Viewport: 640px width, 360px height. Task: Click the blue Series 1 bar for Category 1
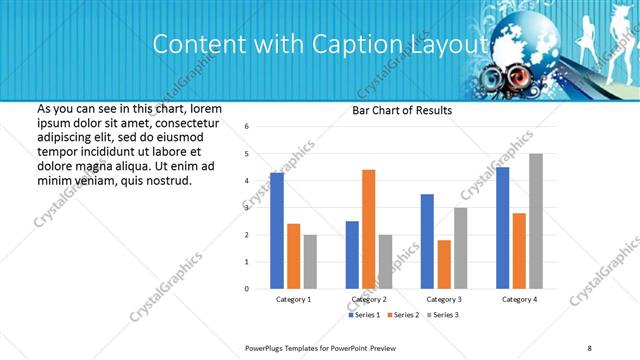[x=277, y=231]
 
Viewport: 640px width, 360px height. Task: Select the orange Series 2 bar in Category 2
[x=368, y=229]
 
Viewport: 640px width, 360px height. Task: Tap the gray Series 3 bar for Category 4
[x=535, y=221]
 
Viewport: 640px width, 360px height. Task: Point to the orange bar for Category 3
[x=443, y=264]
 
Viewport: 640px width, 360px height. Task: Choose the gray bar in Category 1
[x=310, y=262]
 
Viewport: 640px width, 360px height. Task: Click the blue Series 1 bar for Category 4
[x=502, y=228]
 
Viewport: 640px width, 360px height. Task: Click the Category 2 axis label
[x=368, y=299]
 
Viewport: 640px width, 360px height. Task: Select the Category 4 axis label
[x=518, y=299]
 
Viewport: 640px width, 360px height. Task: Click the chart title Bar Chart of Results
[x=401, y=110]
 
